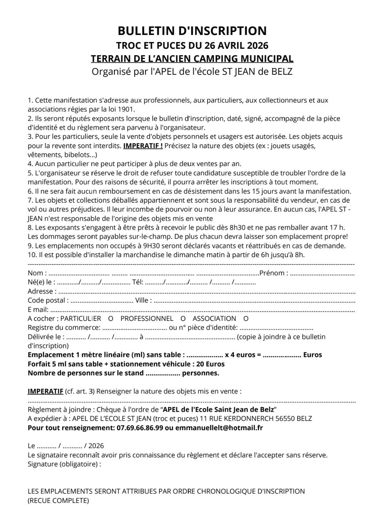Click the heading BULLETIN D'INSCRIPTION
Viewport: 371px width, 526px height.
(x=192, y=31)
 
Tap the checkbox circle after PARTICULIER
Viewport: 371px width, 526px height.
(x=110, y=319)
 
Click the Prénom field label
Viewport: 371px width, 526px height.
(x=274, y=273)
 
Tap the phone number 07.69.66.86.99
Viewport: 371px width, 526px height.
(x=140, y=428)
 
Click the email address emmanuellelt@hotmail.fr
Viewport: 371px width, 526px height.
(x=219, y=428)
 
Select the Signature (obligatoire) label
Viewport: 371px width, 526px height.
(x=63, y=464)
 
